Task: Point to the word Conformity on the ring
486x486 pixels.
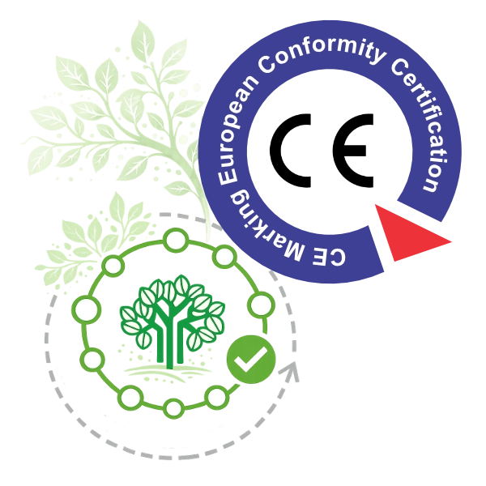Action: pyautogui.click(x=322, y=53)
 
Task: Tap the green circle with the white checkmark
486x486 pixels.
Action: pyautogui.click(x=251, y=359)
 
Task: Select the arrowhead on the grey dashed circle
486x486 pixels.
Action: pyautogui.click(x=290, y=370)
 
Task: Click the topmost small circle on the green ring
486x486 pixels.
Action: pyautogui.click(x=176, y=240)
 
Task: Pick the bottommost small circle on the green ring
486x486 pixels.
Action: pyautogui.click(x=173, y=408)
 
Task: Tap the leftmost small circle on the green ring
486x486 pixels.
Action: pyautogui.click(x=87, y=309)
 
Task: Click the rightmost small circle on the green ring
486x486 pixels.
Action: pyautogui.click(x=262, y=305)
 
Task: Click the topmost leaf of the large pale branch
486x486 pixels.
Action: pyautogui.click(x=143, y=39)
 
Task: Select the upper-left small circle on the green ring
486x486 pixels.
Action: pyautogui.click(x=113, y=266)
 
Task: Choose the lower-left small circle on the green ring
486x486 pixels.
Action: pyautogui.click(x=92, y=360)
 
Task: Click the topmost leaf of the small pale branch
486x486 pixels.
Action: pyautogui.click(x=117, y=206)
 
